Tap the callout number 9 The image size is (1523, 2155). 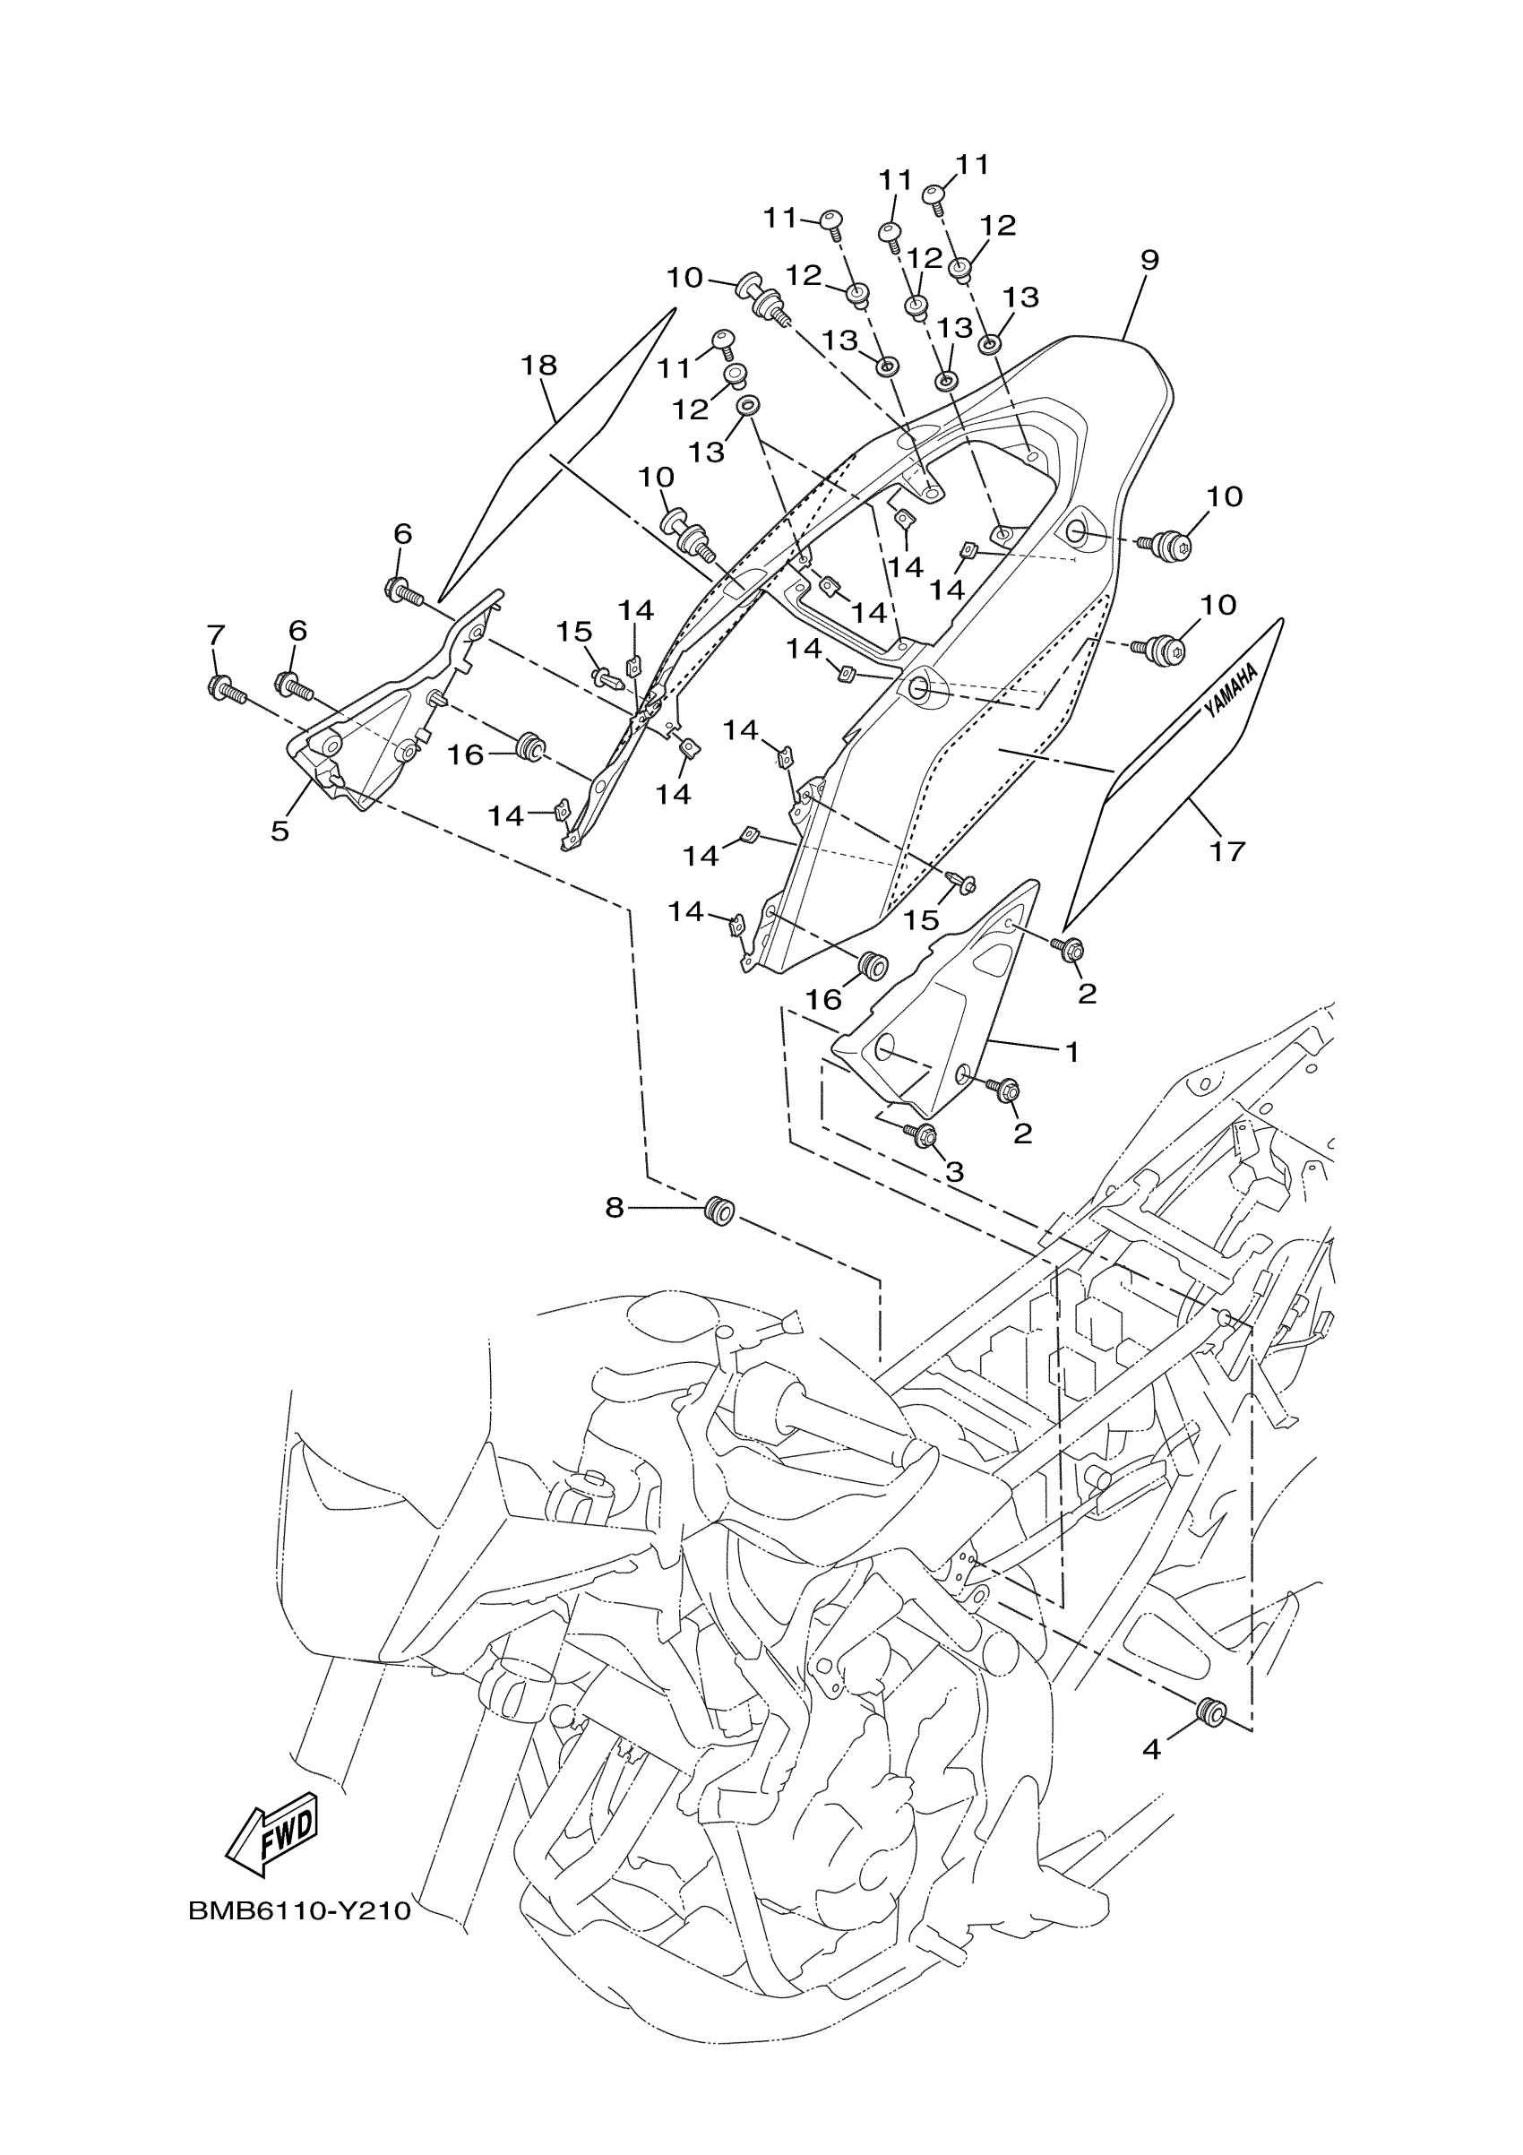pyautogui.click(x=1149, y=260)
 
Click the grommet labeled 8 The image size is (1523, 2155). pyautogui.click(x=719, y=1209)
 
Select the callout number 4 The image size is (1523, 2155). pyautogui.click(x=1151, y=1748)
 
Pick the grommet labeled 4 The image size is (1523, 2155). pyautogui.click(x=1211, y=1714)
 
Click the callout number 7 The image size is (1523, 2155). pyautogui.click(x=216, y=635)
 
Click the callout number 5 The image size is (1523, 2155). pyautogui.click(x=280, y=831)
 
